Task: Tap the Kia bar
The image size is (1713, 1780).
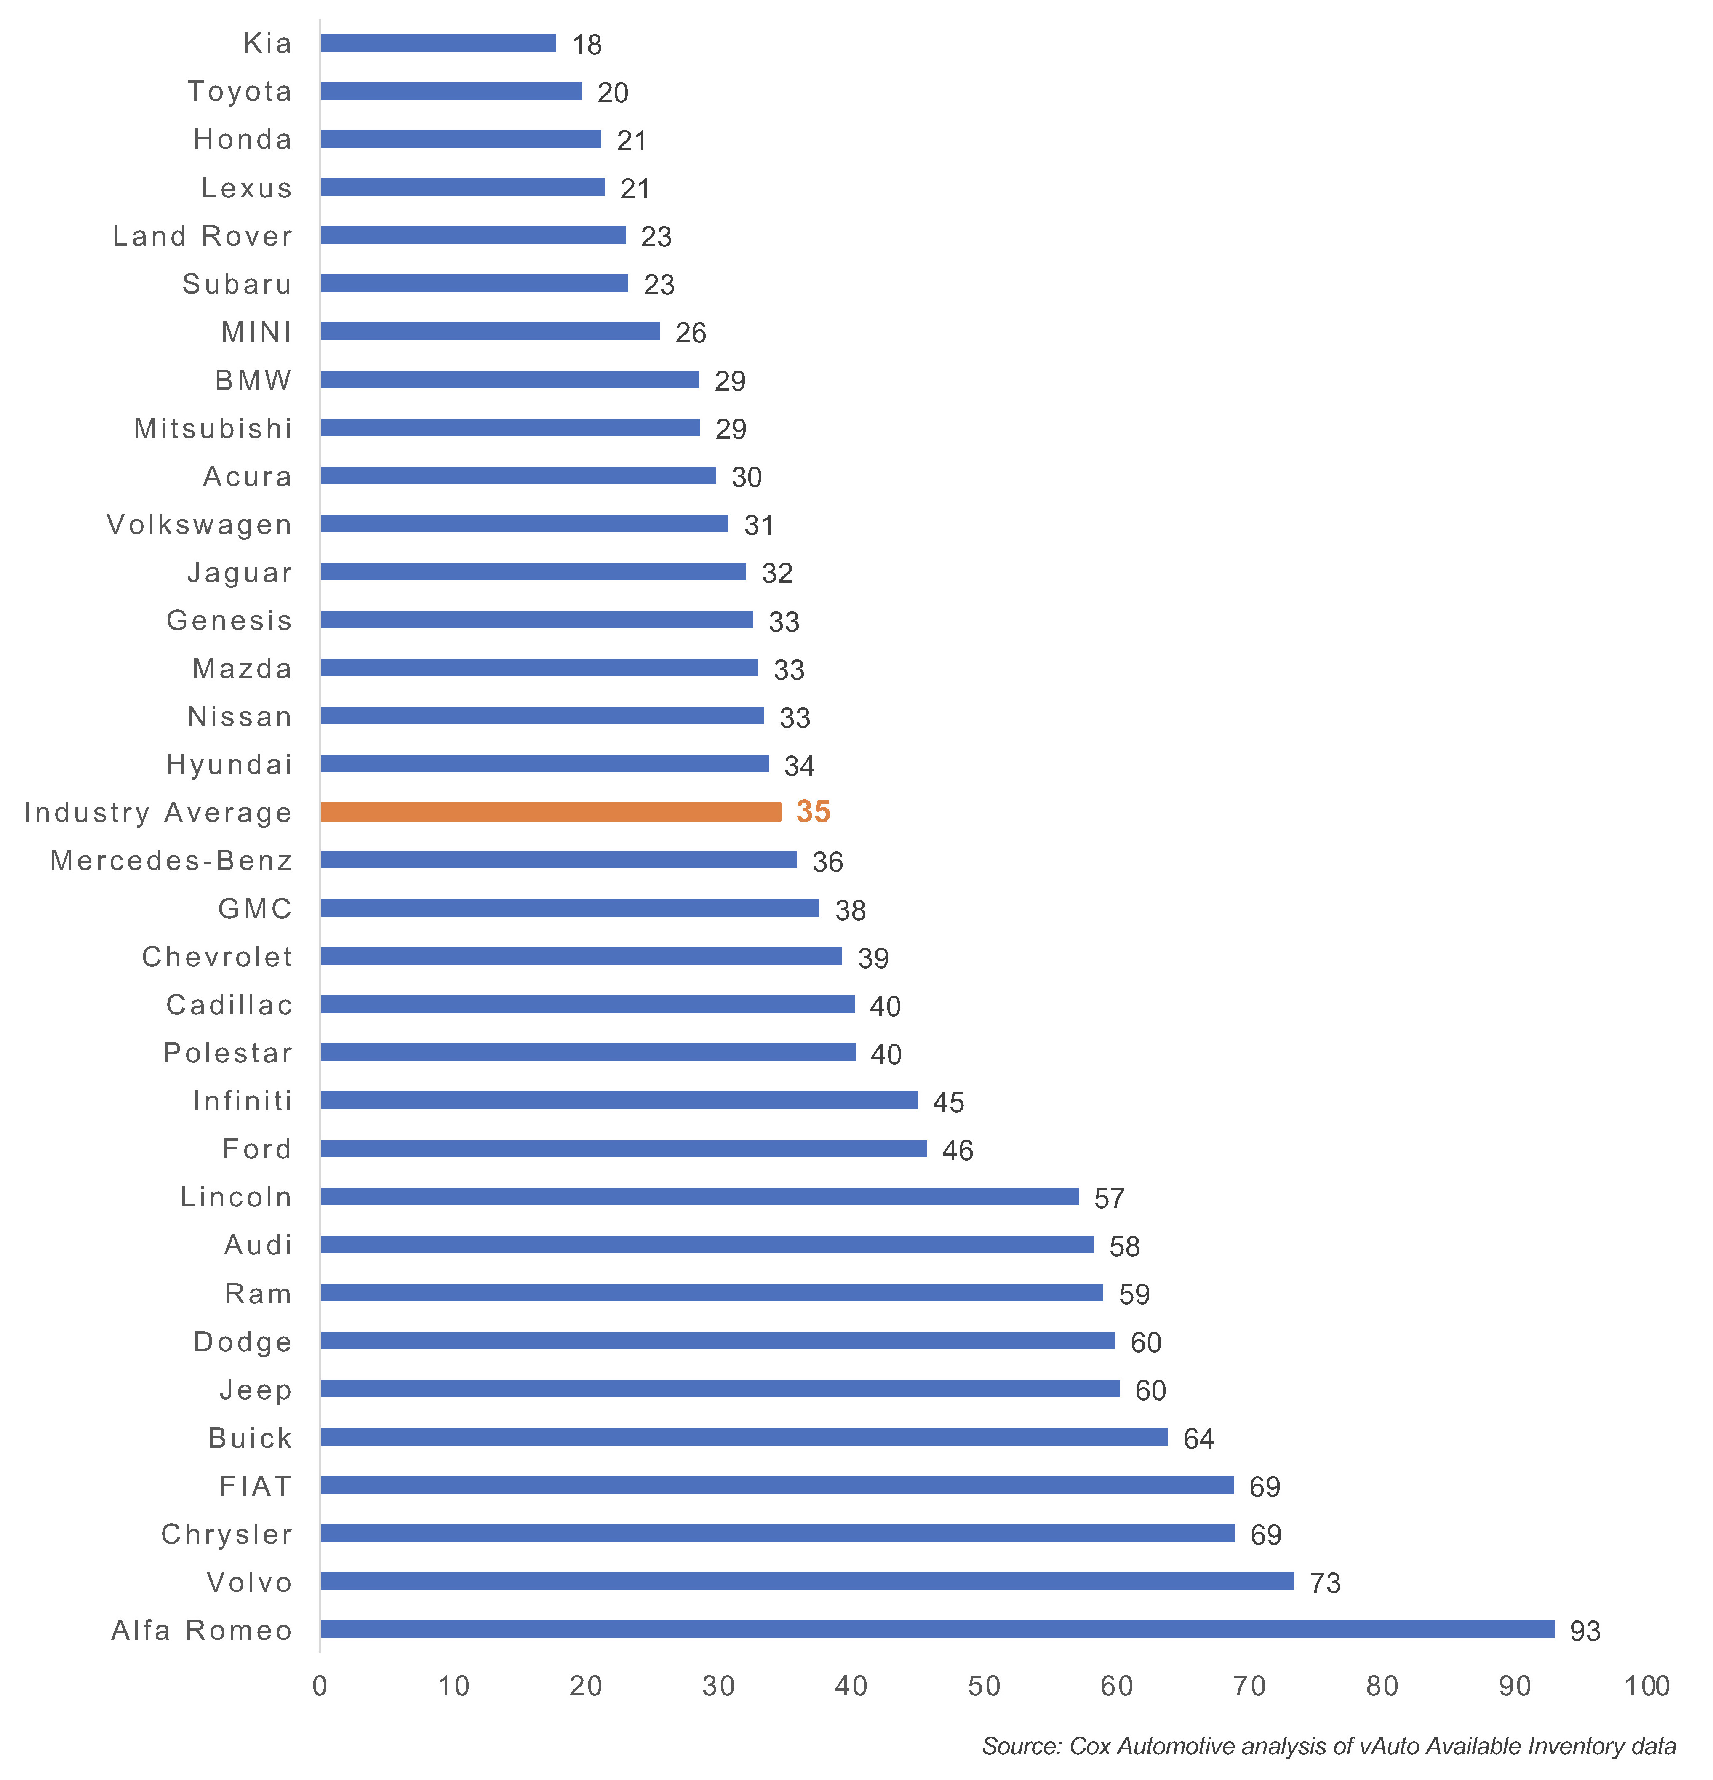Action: click(x=438, y=43)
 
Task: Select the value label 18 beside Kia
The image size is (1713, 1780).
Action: click(x=587, y=45)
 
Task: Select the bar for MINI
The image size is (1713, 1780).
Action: click(x=491, y=331)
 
